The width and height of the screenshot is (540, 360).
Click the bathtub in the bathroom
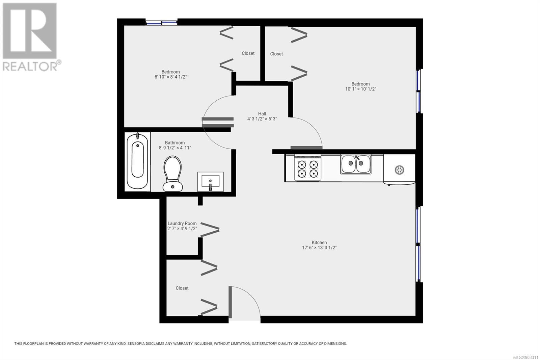click(137, 161)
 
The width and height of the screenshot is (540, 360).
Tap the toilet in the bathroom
click(172, 174)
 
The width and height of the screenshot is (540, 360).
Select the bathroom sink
click(211, 182)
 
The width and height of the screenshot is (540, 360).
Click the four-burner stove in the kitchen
click(307, 168)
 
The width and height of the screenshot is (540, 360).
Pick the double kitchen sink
click(356, 164)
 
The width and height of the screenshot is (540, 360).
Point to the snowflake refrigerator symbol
click(399, 170)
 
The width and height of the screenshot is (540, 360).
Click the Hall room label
click(262, 114)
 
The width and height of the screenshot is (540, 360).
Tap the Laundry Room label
click(182, 224)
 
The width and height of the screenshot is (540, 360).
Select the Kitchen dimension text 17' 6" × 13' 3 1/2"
click(319, 248)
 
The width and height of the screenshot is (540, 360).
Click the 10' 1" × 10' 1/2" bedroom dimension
click(360, 89)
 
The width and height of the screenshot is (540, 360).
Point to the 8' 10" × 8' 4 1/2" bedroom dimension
click(171, 77)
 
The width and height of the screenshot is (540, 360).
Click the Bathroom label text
click(175, 143)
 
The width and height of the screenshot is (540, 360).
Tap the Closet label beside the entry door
click(182, 288)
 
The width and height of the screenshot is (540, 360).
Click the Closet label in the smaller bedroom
click(248, 53)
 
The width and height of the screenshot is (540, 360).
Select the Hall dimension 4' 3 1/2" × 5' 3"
click(262, 119)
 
